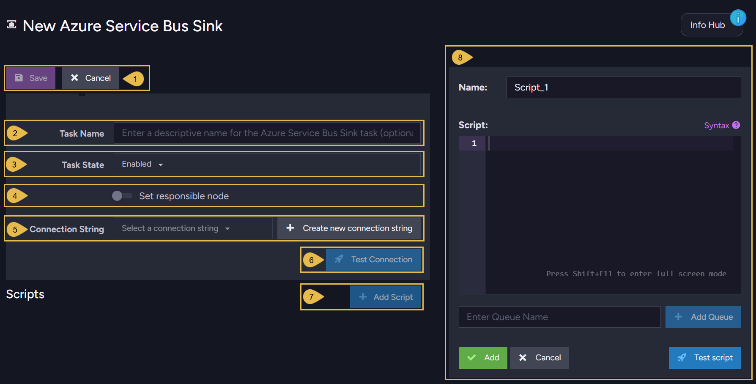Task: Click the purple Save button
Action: tap(30, 78)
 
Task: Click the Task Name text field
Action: tap(267, 133)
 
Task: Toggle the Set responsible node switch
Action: tap(122, 196)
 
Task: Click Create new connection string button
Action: tap(349, 228)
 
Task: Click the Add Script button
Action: tap(386, 297)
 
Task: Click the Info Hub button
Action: tap(712, 25)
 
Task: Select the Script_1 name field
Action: tap(624, 88)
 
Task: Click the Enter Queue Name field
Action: tap(559, 317)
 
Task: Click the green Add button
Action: tap(483, 358)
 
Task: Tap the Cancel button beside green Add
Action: tap(540, 358)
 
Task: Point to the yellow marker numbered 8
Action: tap(462, 58)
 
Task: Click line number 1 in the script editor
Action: tap(474, 143)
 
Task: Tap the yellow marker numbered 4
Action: tap(16, 196)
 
